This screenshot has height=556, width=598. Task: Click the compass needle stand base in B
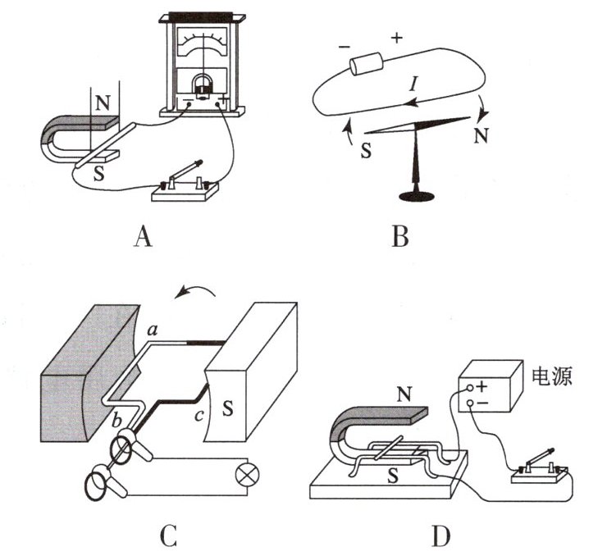417,195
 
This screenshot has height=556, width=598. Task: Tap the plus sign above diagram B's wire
397,38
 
